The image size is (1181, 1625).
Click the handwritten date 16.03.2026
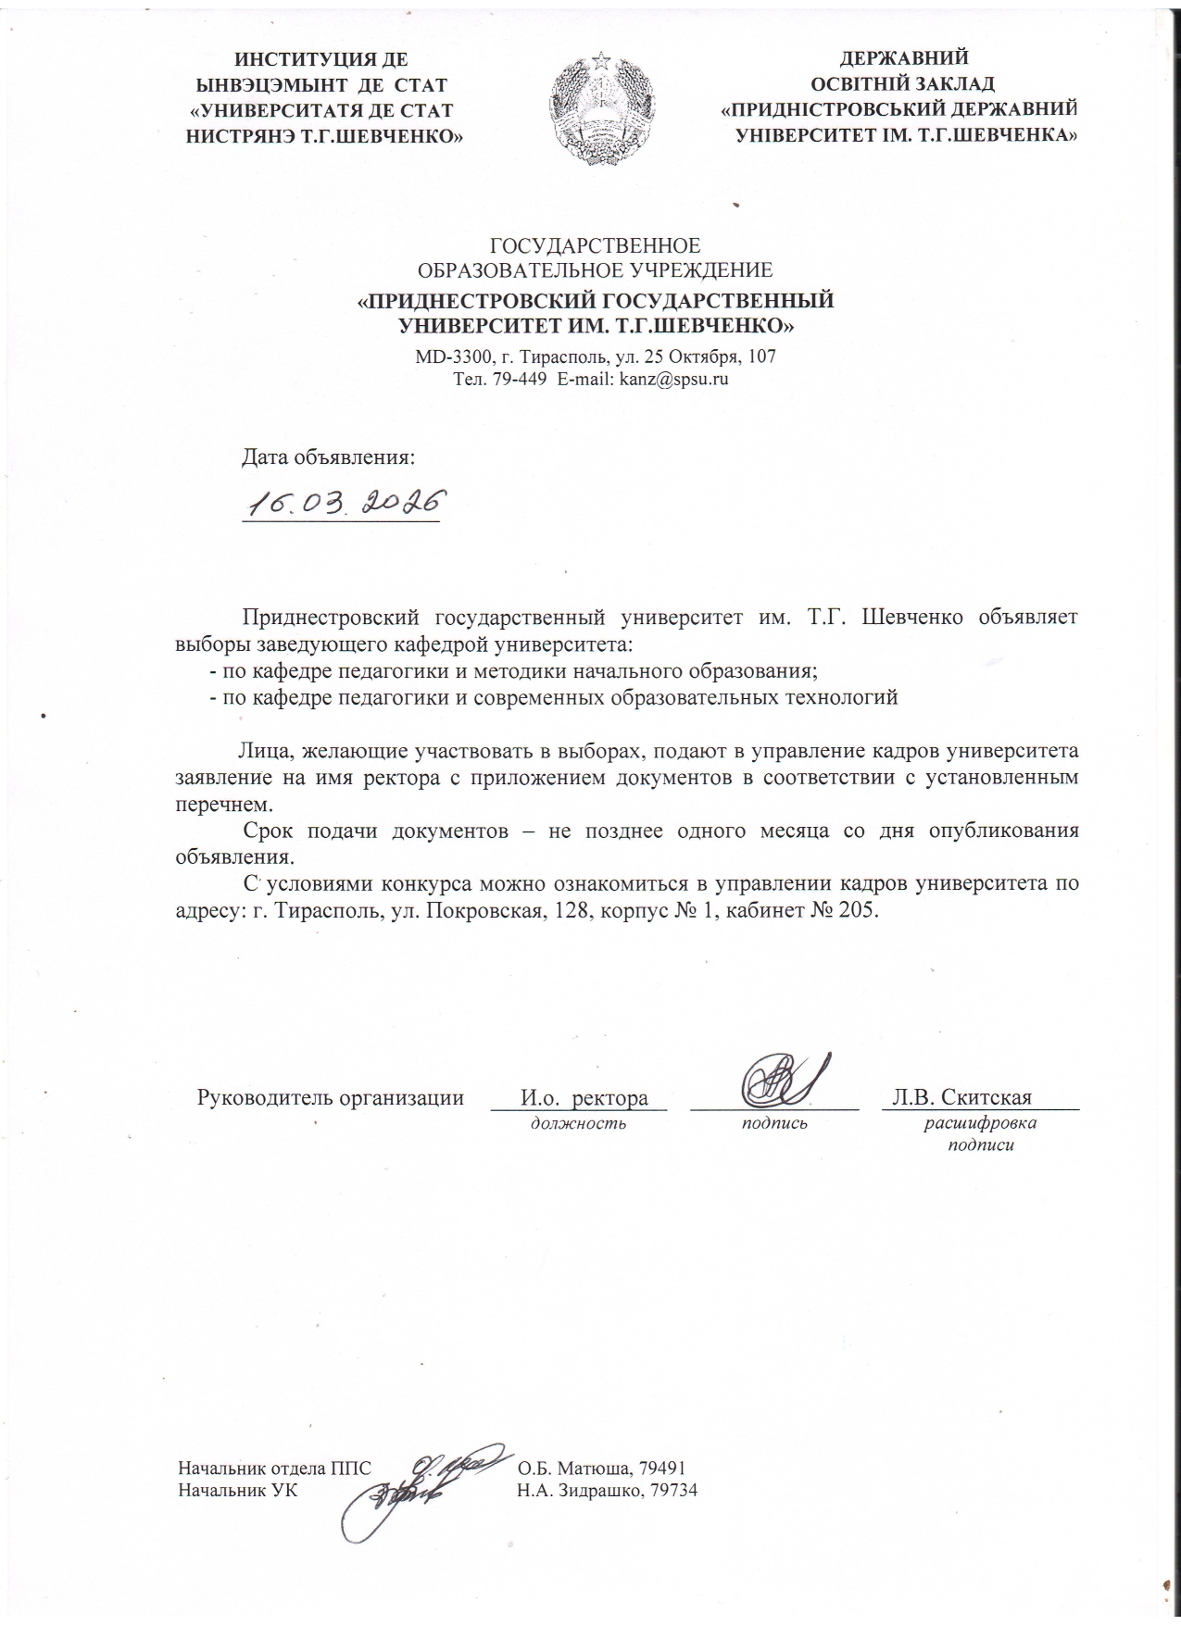341,504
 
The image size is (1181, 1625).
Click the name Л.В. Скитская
961,1098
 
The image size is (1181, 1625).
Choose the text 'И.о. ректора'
584,1099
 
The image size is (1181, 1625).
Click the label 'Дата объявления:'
328,456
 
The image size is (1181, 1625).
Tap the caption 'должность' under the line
578,1124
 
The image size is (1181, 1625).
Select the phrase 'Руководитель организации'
331,1099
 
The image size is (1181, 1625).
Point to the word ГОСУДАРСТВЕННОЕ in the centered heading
595,246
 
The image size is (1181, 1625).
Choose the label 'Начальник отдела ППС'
275,1469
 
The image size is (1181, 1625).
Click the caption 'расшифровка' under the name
981,1124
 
